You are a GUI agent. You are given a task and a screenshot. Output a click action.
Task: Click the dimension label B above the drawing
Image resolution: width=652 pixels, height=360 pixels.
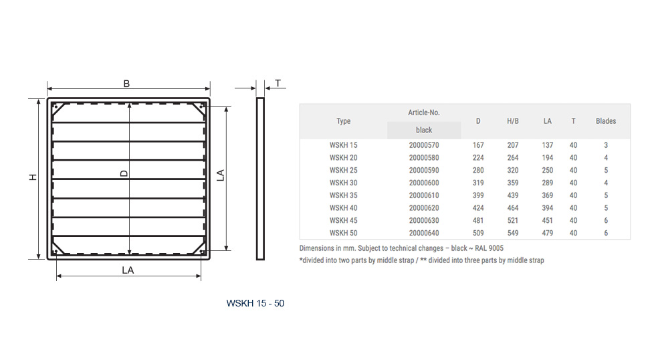click(126, 84)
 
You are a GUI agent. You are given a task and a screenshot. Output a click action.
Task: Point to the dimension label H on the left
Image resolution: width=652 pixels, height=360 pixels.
click(33, 177)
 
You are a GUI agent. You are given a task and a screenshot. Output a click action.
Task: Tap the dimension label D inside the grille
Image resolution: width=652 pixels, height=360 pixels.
click(124, 173)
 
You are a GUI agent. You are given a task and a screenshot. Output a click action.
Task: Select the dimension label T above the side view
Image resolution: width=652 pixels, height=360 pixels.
click(278, 83)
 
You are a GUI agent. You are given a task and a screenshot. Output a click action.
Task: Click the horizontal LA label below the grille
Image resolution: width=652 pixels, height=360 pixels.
click(128, 270)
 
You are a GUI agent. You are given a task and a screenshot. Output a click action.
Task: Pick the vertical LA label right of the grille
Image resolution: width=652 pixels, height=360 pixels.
click(221, 175)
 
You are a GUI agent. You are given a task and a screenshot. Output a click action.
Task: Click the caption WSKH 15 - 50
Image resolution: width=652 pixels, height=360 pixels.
click(255, 303)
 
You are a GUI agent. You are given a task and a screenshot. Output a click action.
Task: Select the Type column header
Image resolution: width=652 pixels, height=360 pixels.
click(344, 121)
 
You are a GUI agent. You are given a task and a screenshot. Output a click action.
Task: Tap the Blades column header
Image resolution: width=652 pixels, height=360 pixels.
click(606, 121)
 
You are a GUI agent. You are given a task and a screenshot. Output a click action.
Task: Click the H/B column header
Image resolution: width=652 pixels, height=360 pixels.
click(513, 121)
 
